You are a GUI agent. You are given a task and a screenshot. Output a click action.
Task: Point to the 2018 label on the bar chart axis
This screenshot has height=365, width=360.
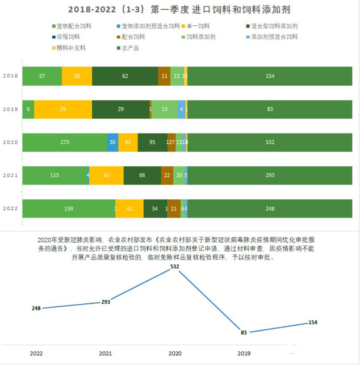(x=10, y=76)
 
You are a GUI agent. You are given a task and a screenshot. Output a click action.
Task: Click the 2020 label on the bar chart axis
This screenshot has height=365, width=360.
(x=10, y=142)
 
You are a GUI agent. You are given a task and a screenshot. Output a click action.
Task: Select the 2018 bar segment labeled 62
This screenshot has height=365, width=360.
(x=125, y=76)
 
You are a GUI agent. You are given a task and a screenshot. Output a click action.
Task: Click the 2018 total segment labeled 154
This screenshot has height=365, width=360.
(x=270, y=76)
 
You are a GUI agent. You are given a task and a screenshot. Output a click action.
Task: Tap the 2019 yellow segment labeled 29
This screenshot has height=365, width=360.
(x=63, y=109)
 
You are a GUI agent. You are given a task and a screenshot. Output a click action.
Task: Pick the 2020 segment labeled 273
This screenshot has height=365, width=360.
(x=65, y=142)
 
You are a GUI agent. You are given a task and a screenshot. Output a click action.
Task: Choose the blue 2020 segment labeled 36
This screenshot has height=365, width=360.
(x=113, y=142)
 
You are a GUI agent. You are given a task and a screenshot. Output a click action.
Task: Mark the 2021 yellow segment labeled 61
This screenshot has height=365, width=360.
(x=106, y=175)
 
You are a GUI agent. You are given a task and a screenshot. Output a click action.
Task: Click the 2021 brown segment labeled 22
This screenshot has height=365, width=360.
(x=167, y=175)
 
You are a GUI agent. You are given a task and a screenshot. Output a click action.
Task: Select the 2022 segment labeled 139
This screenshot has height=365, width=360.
(x=69, y=209)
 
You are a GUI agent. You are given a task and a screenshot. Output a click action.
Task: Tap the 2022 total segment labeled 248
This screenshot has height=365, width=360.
(x=270, y=209)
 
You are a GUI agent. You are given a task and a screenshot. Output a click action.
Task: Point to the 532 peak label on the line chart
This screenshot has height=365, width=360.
(x=175, y=266)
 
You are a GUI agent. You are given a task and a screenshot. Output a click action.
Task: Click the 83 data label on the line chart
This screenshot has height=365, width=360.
(x=243, y=332)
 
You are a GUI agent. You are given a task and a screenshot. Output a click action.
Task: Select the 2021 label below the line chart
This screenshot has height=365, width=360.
(x=105, y=353)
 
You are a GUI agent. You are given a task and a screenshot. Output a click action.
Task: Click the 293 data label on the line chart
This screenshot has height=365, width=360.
(x=105, y=302)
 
